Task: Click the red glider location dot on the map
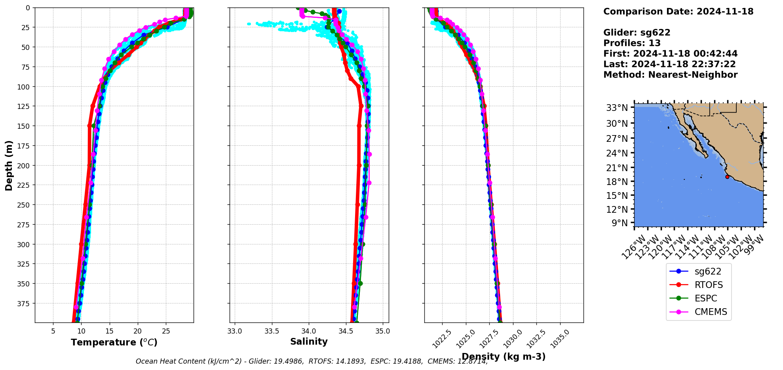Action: point(727,177)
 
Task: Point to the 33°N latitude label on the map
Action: point(617,108)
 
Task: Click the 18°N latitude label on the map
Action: point(617,182)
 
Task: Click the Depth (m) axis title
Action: point(9,165)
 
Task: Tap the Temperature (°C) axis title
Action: point(114,342)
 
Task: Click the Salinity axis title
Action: point(309,341)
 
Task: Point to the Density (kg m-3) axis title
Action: point(504,357)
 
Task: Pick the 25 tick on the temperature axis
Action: point(166,331)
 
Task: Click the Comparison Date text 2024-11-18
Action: point(725,11)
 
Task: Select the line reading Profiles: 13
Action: point(632,43)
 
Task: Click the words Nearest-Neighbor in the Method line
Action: point(693,75)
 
